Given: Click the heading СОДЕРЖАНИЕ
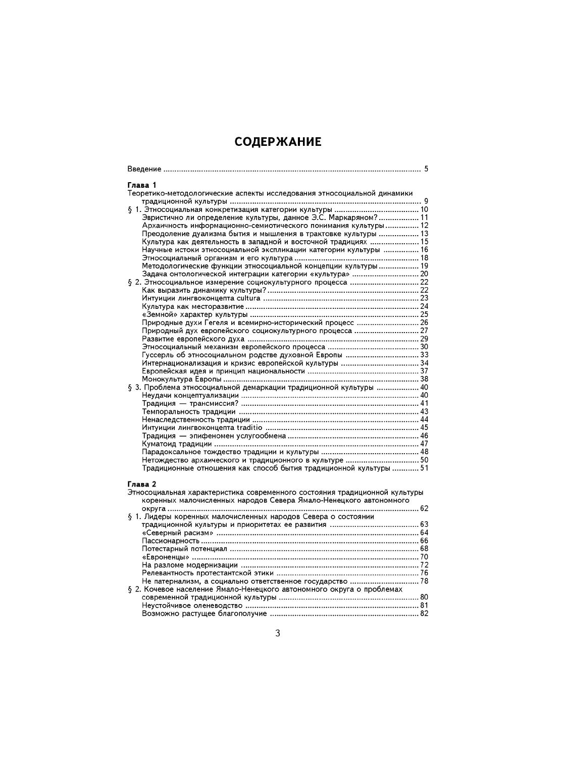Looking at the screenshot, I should pyautogui.click(x=278, y=142).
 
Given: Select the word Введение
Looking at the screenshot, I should pyautogui.click(x=144, y=169).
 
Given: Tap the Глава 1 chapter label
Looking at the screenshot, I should pyautogui.click(x=142, y=185).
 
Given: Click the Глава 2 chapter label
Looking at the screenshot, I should pyautogui.click(x=142, y=484).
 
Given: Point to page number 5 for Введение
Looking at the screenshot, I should pyautogui.click(x=426, y=169).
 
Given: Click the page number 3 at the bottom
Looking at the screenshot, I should pyautogui.click(x=277, y=634).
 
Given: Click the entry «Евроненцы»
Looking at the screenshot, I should pyautogui.click(x=162, y=557).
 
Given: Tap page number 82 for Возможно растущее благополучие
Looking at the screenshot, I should pyautogui.click(x=424, y=614).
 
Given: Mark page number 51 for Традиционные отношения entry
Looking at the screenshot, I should pyautogui.click(x=424, y=468).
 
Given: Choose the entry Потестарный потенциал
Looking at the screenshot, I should pyautogui.click(x=185, y=549).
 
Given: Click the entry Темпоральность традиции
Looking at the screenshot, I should pyautogui.click(x=189, y=411).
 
